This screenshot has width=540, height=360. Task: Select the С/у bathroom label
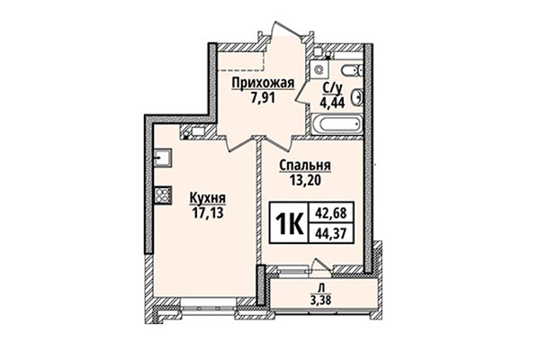click(330, 88)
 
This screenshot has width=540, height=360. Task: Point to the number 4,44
click(330, 102)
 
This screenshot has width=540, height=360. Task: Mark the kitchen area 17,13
click(207, 214)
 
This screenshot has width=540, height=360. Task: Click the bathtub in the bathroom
click(335, 125)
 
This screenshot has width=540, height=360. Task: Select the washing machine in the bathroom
click(347, 69)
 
